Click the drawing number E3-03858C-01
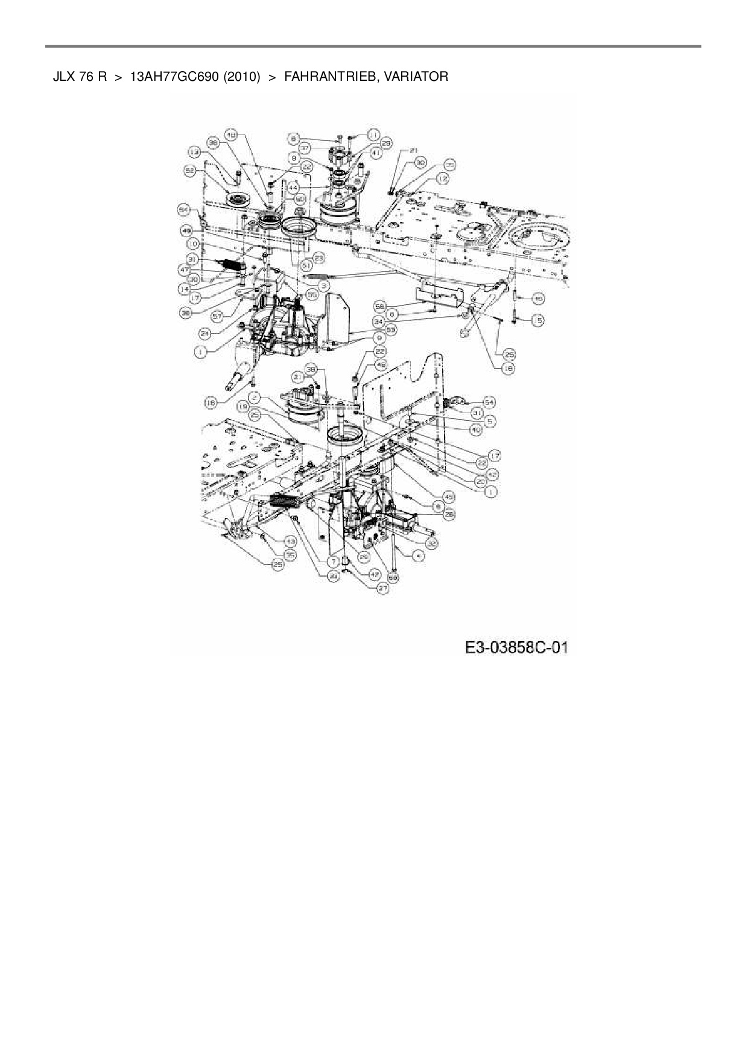pyautogui.click(x=516, y=648)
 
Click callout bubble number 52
pyautogui.click(x=190, y=171)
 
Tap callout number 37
pyautogui.click(x=305, y=148)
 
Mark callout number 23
pyautogui.click(x=319, y=258)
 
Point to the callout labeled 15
pyautogui.click(x=537, y=321)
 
